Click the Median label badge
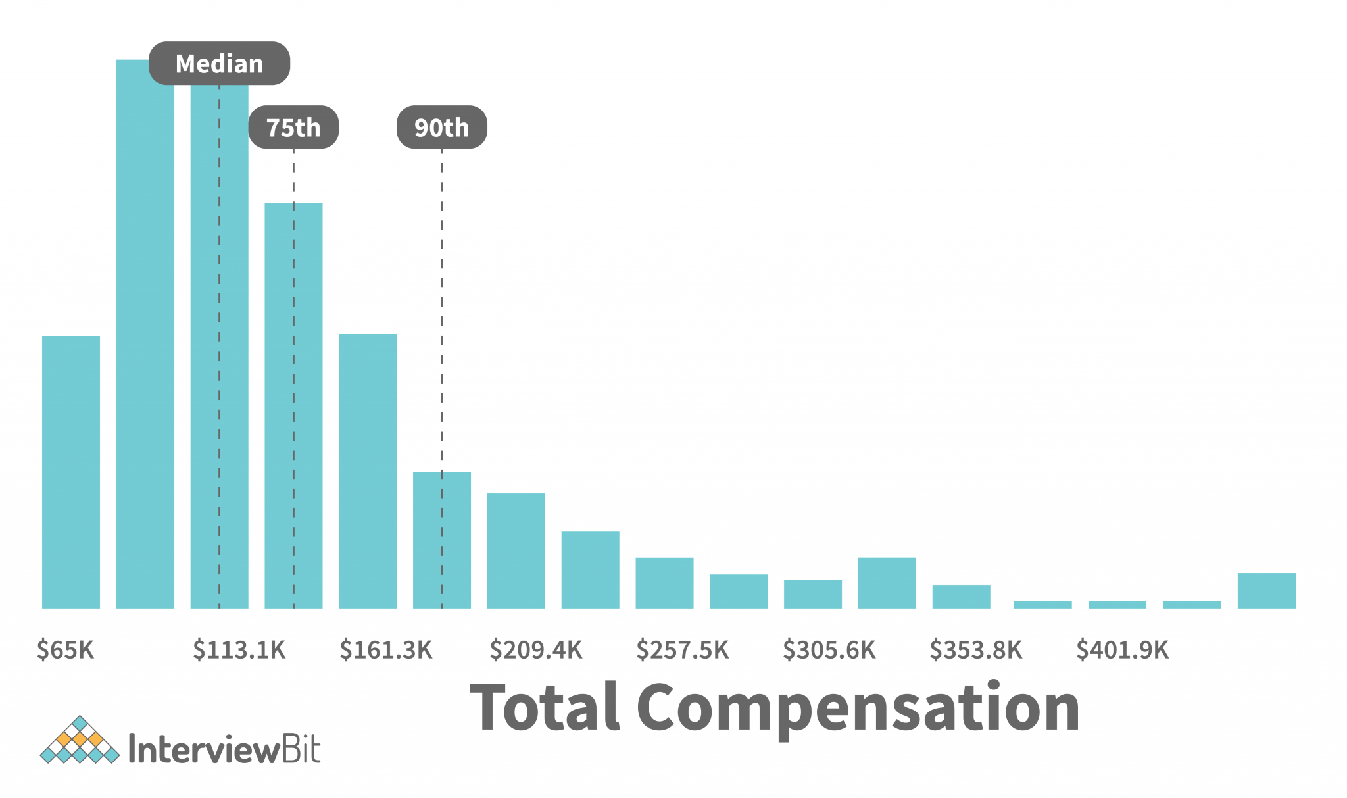pos(219,64)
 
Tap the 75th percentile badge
pos(293,127)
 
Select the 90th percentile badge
pos(441,127)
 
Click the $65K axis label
pos(65,650)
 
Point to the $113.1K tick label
pos(239,650)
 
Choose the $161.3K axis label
pos(386,650)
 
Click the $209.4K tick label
pos(535,650)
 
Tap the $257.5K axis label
pos(682,650)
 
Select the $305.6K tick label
pos(829,650)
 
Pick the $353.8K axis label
pos(975,650)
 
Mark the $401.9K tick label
pos(1122,650)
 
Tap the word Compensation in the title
pos(858,709)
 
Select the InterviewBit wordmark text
pos(224,749)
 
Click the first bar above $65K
pos(71,472)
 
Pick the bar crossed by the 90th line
pos(428,539)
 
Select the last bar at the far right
pos(1266,590)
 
